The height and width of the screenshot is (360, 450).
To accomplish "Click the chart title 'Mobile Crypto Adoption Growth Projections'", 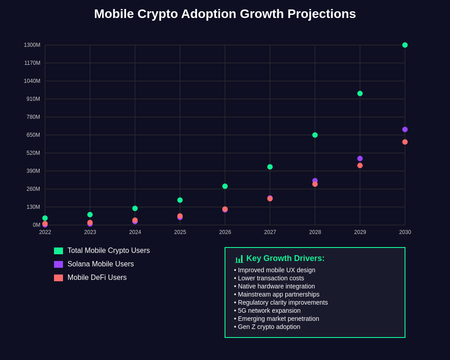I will click(x=225, y=14).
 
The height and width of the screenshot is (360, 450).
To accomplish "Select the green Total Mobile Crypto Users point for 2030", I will click(x=405, y=45).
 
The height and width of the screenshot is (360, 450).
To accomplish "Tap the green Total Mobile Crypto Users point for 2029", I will click(x=360, y=94).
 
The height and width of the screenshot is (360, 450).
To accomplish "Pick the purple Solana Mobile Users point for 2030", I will click(x=405, y=130).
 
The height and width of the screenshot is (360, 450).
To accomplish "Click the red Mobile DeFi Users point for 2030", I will click(x=405, y=142).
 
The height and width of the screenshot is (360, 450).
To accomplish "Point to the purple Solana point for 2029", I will click(x=360, y=158).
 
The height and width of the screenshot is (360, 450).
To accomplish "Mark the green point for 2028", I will click(x=315, y=135).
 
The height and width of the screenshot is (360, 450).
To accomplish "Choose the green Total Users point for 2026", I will click(x=225, y=186).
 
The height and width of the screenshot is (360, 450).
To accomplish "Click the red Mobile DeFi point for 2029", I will click(x=360, y=166).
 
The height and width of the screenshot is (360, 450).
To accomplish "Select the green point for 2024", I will click(x=135, y=208).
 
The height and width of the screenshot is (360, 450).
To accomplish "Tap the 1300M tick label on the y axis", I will click(x=32, y=45).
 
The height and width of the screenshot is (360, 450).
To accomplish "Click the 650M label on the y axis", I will click(x=33, y=135).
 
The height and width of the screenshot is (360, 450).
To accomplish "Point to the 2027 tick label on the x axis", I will click(x=270, y=232).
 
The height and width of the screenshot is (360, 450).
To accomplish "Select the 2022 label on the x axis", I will click(x=45, y=232).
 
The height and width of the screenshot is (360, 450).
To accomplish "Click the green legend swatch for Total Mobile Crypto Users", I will click(x=58, y=251).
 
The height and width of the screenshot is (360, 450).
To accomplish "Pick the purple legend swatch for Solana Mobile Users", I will click(x=58, y=265).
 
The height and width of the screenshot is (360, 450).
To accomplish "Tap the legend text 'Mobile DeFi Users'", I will click(x=97, y=278).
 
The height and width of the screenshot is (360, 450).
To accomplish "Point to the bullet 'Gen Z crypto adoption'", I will click(x=269, y=327).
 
